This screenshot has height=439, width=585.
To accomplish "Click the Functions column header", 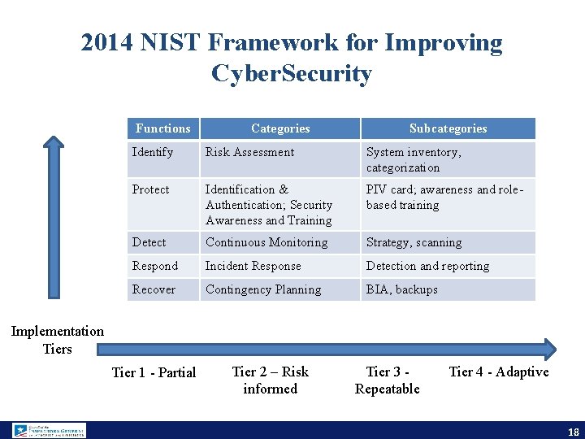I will pos(162,128).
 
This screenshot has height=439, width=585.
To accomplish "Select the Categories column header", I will pos(280,128).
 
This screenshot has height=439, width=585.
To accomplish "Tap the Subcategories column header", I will pos(448,128).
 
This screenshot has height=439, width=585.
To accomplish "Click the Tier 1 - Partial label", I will pos(154,372).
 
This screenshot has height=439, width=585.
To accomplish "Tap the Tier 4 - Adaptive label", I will pos(499,372).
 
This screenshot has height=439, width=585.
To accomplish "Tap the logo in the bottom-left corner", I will pos(49,430).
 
